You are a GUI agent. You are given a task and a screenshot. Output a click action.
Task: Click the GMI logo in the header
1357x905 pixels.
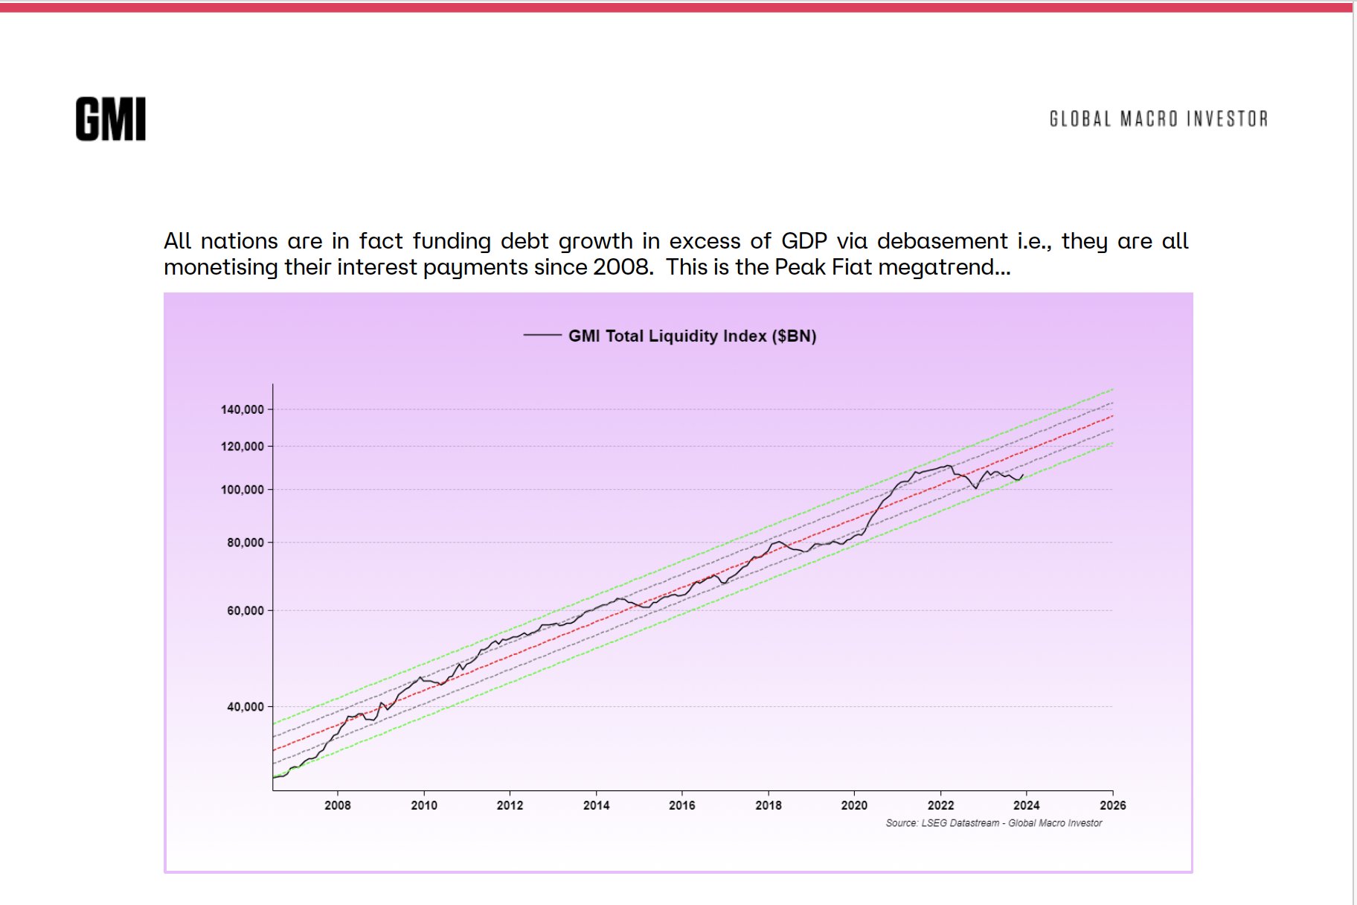pos(110,119)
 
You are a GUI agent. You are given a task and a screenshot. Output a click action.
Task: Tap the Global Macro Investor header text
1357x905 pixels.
pos(1158,119)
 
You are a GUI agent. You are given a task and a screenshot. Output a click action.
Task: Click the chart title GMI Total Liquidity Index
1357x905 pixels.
pos(691,336)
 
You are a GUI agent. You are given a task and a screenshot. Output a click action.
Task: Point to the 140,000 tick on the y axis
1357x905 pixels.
pos(243,409)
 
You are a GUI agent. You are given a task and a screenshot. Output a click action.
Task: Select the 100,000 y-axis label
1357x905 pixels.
pos(243,490)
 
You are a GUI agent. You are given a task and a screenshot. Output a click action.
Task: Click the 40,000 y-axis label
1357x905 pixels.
pos(246,707)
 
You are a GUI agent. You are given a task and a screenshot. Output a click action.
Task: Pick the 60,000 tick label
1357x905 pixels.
pos(246,611)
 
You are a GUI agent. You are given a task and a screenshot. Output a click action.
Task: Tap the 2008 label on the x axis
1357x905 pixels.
pos(338,805)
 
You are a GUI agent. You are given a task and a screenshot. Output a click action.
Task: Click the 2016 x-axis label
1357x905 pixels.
pos(682,805)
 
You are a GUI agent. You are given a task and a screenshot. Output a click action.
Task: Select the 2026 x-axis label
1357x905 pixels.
pos(1112,805)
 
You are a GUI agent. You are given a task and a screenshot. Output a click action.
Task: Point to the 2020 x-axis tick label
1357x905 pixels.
pos(854,805)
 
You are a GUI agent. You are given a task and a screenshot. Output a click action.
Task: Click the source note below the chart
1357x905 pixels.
pos(993,823)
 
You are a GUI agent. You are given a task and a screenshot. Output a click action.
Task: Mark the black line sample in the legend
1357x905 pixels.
pos(542,336)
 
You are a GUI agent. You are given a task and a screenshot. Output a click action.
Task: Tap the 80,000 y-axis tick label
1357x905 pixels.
pos(246,543)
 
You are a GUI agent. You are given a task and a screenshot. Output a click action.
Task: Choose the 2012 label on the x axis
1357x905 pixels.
pos(510,805)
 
